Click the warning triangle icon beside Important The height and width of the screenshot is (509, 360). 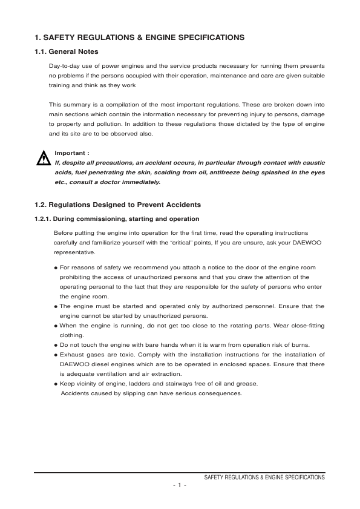(43, 159)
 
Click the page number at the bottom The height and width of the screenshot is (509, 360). (180, 486)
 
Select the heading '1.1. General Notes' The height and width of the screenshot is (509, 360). (67, 51)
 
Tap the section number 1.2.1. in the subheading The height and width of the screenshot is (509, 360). (45, 218)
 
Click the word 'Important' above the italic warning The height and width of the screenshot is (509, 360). (70, 153)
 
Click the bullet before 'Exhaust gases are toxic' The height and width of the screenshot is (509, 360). (56, 355)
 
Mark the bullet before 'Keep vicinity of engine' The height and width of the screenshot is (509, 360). (56, 384)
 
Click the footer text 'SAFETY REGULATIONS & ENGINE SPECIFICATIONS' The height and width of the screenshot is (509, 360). (264, 478)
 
